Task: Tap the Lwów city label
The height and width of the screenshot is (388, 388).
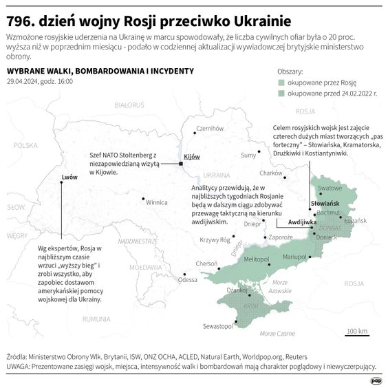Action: pos(69,177)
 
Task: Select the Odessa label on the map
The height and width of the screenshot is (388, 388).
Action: pos(187,280)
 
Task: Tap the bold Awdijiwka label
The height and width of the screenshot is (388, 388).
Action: pos(302,223)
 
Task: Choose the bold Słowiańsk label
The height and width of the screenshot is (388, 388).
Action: pos(324,204)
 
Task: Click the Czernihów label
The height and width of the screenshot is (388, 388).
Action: pos(211,128)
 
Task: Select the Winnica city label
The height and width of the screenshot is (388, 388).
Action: pos(157,203)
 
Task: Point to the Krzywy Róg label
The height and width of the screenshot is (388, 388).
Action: pos(213,240)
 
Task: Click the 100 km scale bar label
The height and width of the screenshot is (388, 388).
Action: pos(356,331)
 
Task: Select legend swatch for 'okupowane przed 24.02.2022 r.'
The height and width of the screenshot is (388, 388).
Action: pos(280,93)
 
